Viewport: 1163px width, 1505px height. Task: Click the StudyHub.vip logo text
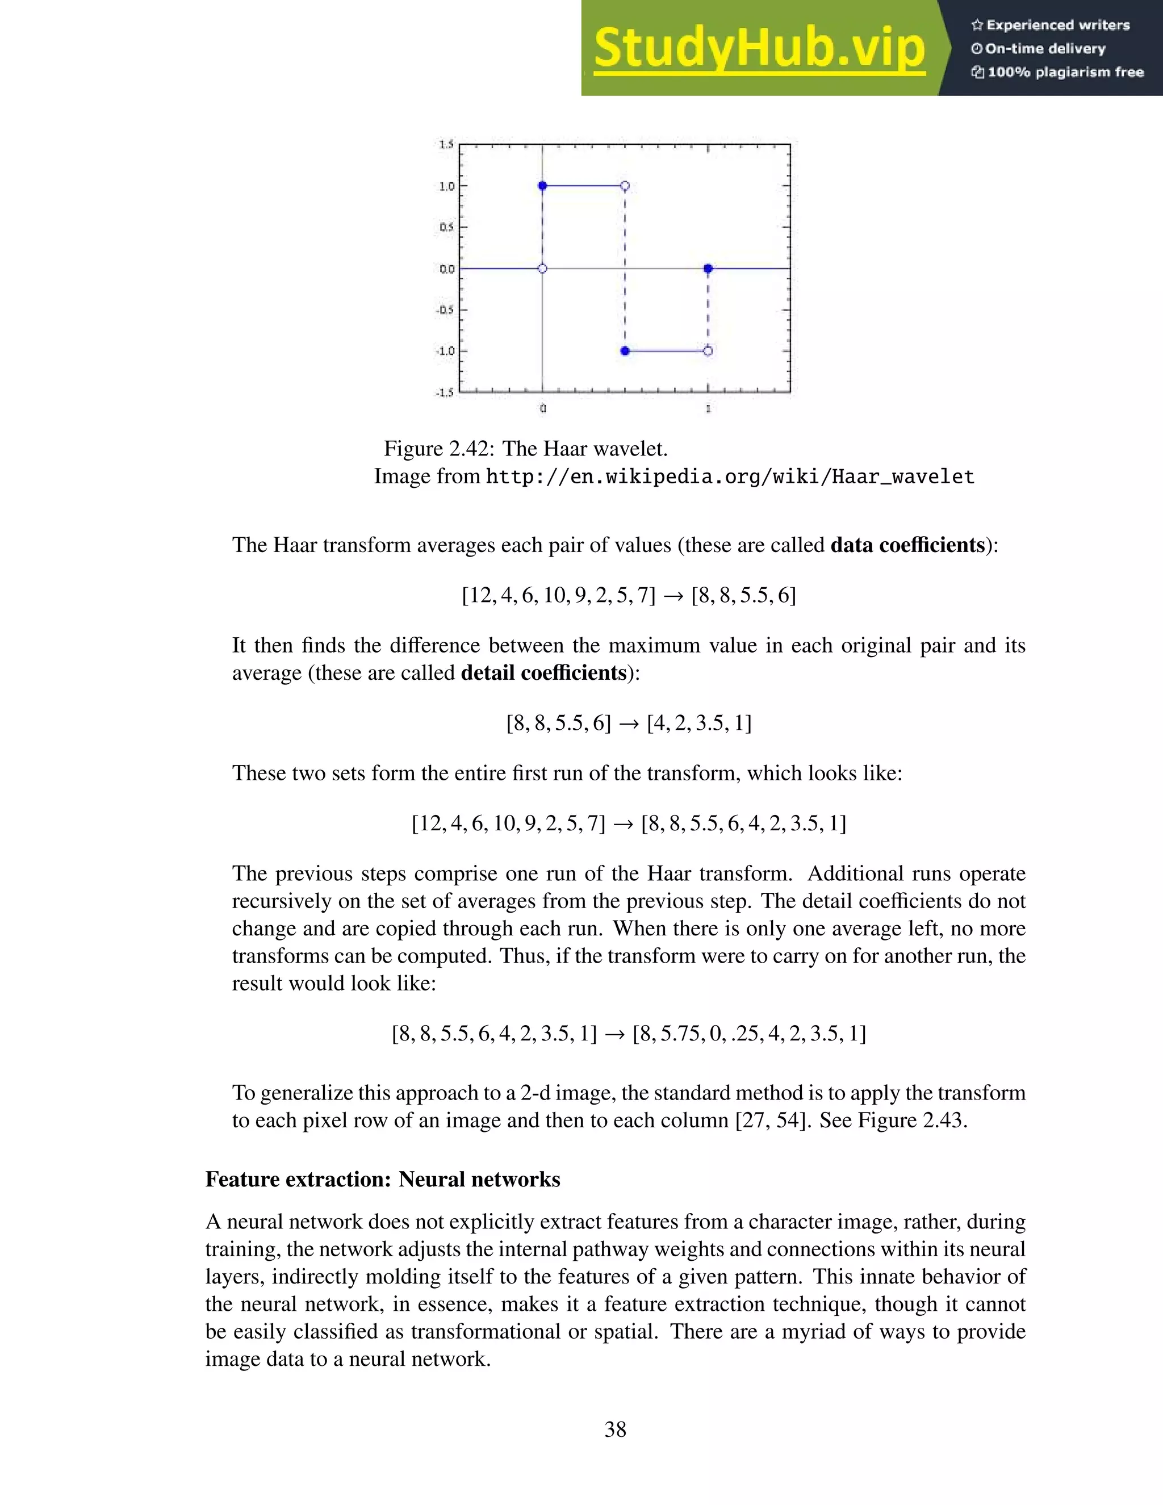click(759, 48)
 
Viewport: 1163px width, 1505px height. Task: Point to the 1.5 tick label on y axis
click(446, 144)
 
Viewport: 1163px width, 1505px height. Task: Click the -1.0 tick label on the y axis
click(445, 352)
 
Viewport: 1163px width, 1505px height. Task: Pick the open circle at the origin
click(542, 269)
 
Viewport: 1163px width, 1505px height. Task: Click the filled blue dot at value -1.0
click(625, 352)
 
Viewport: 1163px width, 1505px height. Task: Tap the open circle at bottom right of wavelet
click(708, 352)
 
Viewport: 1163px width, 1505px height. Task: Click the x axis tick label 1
click(708, 409)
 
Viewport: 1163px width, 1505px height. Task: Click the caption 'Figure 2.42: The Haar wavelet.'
click(526, 449)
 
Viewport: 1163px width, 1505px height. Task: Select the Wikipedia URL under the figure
click(730, 477)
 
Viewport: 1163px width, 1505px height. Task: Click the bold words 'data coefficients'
click(907, 545)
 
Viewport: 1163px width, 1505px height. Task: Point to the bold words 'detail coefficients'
click(543, 672)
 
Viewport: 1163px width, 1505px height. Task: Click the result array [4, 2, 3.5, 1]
click(699, 723)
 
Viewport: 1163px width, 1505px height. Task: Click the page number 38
click(615, 1429)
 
